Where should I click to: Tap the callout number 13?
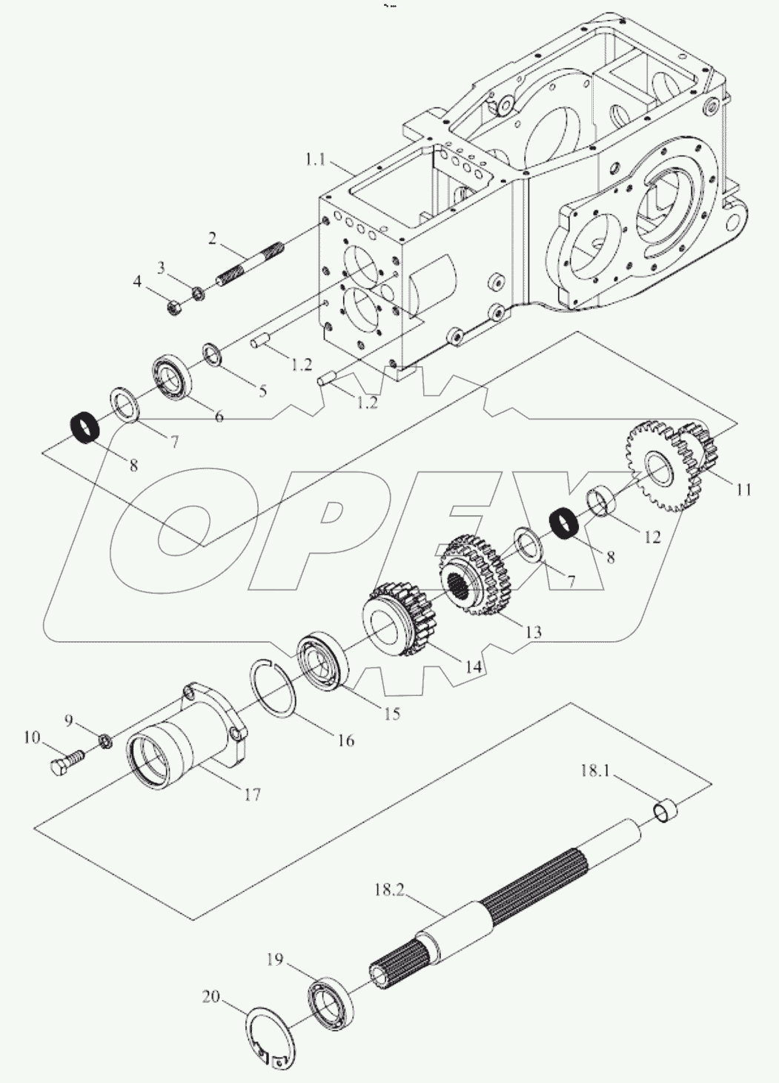click(x=532, y=632)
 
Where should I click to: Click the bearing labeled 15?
click(x=322, y=661)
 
